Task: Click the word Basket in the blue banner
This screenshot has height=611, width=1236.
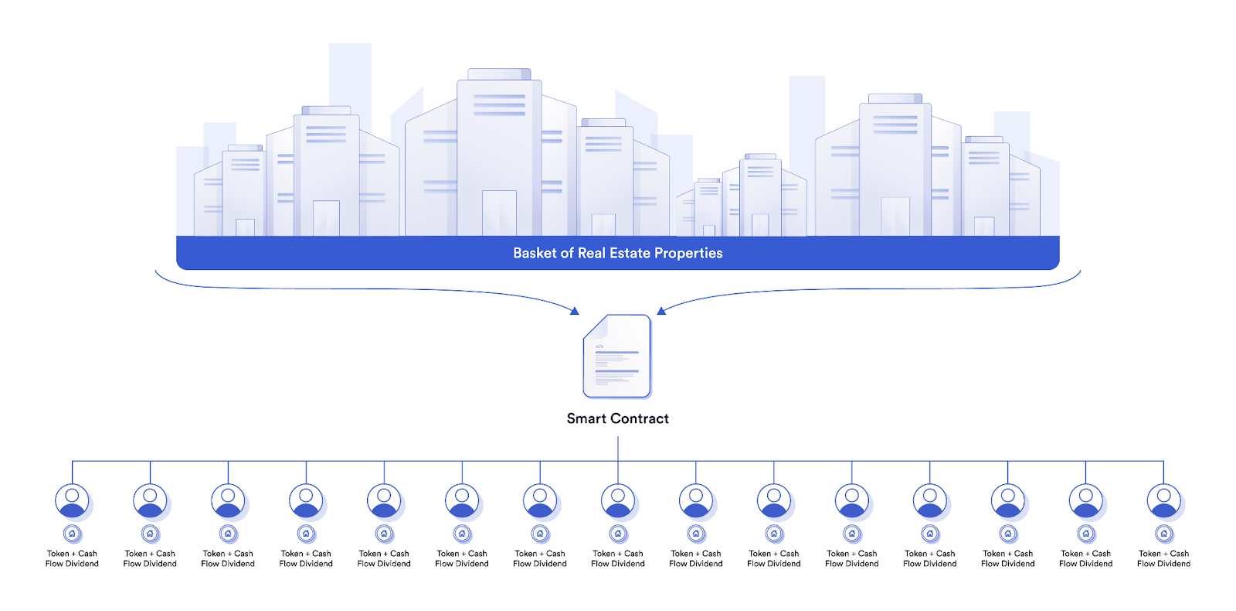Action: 535,253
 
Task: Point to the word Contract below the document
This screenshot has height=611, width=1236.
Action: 639,418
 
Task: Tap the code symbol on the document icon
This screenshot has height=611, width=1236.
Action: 599,346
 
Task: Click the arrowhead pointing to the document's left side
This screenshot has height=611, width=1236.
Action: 574,311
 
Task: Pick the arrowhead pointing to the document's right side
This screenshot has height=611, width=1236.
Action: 661,311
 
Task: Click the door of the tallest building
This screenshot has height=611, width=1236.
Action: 499,213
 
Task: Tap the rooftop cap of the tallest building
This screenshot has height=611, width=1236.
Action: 499,74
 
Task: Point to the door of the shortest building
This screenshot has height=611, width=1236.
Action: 708,230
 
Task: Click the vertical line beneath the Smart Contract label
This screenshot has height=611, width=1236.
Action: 618,449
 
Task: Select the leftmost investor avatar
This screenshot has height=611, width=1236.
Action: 72,501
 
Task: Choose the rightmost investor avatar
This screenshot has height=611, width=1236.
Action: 1163,501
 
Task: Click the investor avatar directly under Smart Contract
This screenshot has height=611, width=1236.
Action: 618,501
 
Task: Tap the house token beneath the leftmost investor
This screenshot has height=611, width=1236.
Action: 72,534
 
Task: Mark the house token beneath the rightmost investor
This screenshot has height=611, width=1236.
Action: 1163,534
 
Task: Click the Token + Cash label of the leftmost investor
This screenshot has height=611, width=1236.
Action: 72,554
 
